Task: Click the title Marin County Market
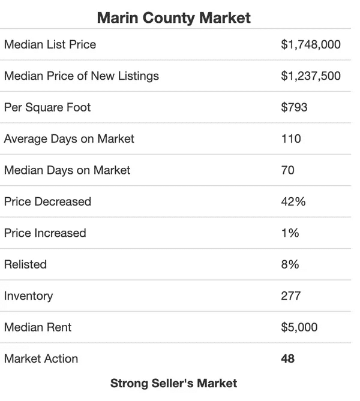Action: [174, 18]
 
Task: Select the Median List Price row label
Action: [50, 44]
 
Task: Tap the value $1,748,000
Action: [310, 44]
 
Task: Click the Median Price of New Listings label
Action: [81, 76]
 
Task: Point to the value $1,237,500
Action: [310, 76]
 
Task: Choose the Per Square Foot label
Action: [47, 107]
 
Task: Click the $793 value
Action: [294, 107]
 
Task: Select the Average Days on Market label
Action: [69, 138]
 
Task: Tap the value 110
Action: [290, 138]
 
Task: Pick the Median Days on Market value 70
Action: [287, 170]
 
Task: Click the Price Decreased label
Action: [47, 201]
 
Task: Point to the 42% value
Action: [293, 201]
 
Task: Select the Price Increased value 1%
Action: [290, 233]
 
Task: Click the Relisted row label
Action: [25, 264]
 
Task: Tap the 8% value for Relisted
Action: [290, 264]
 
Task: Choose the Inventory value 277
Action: [290, 296]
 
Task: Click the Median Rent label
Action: [38, 327]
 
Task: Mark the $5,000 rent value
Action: [299, 327]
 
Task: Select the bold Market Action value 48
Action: [287, 359]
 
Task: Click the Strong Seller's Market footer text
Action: [174, 383]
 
